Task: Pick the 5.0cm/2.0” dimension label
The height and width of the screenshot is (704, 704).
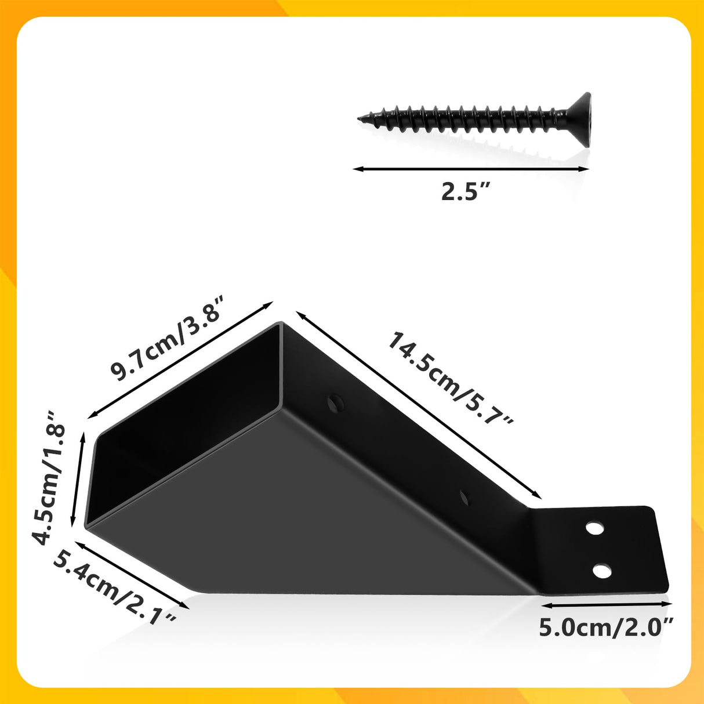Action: tap(607, 627)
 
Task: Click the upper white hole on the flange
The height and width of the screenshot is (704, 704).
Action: tap(594, 528)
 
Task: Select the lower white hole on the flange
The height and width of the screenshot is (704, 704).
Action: tap(602, 571)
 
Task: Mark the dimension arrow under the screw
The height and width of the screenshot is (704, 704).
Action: tap(471, 169)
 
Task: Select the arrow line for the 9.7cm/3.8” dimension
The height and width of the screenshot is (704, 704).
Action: tap(180, 360)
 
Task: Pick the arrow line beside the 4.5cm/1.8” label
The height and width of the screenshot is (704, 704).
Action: tap(78, 479)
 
